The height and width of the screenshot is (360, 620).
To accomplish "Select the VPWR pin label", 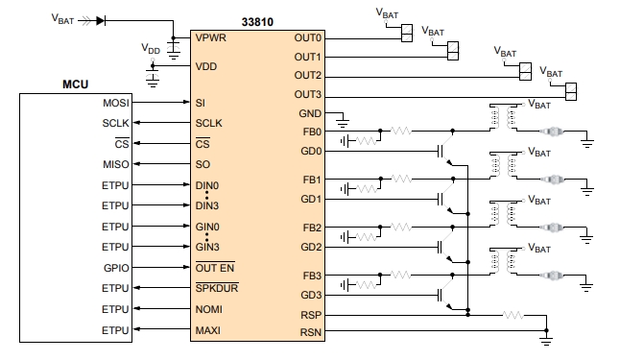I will coord(213,38).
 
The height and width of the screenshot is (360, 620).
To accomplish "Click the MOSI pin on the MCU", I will coord(116,102).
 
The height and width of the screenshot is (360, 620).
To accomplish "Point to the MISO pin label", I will coord(116,164).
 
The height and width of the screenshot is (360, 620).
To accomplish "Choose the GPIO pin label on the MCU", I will coord(116,267).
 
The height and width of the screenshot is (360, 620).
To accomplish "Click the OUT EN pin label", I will coord(215,267).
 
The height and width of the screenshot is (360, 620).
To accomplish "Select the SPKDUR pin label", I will coord(217,288).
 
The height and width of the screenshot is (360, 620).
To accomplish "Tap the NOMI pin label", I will coord(210,309).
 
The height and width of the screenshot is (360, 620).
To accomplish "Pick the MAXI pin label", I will coord(210,330).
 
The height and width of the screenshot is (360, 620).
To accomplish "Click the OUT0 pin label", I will coord(308,38).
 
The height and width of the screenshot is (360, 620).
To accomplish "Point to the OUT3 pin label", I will coord(308,94).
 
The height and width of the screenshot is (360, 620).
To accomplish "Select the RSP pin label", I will coord(311,314).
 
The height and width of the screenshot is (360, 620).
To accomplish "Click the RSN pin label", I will coord(311,332).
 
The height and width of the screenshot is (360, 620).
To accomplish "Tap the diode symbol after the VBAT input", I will coord(102,18).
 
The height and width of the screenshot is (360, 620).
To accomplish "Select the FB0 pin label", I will coord(312,132).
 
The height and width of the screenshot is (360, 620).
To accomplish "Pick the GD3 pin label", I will coord(311,295).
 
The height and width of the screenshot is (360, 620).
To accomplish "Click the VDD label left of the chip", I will coord(151,48).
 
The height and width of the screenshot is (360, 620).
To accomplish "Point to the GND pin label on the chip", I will coord(310,113).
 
